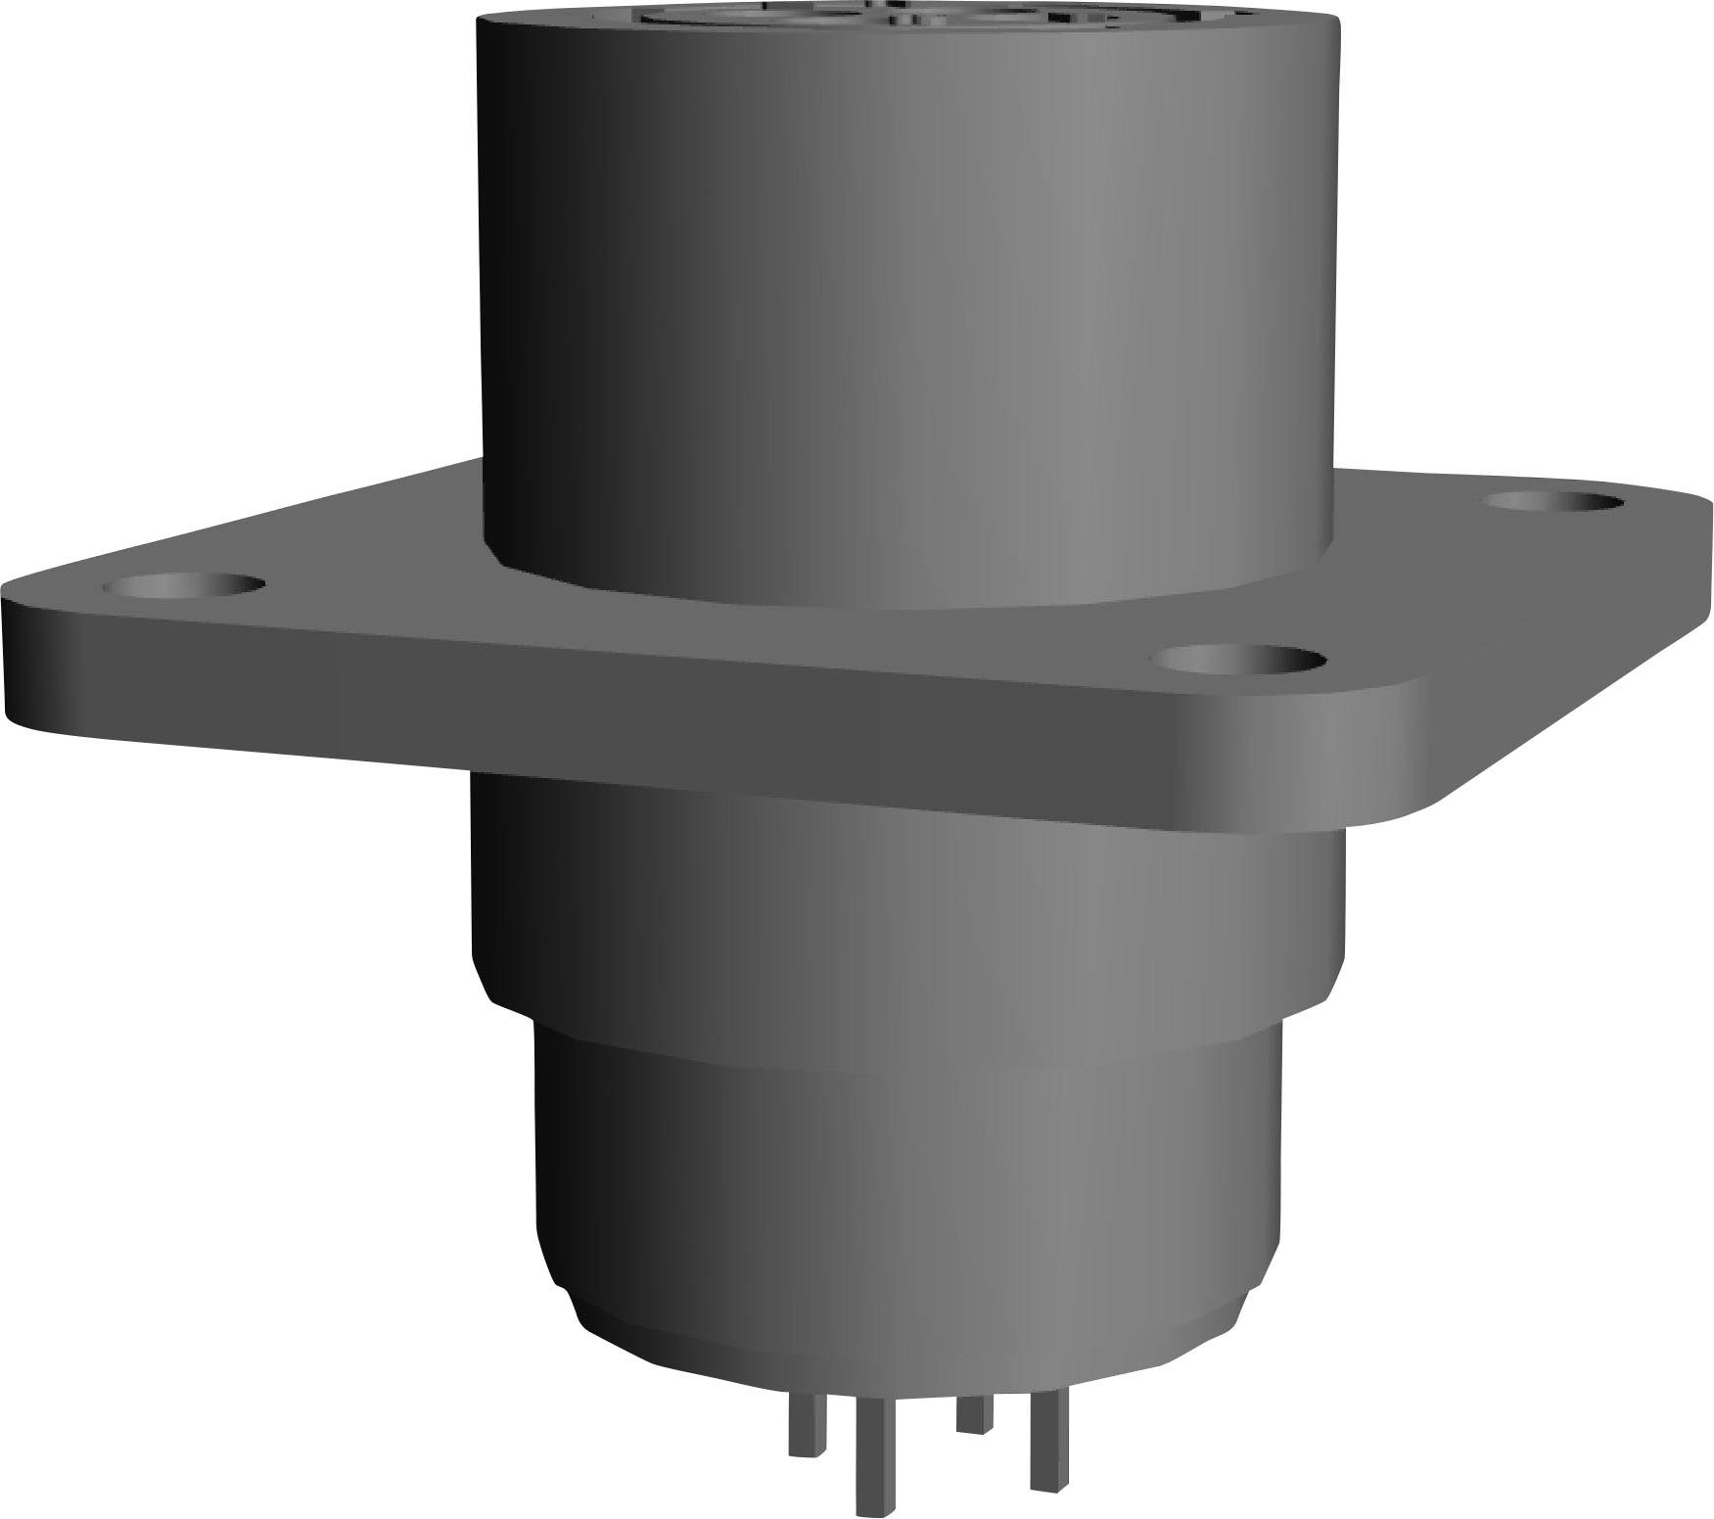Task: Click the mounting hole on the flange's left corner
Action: (184, 586)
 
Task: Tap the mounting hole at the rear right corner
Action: (1554, 502)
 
